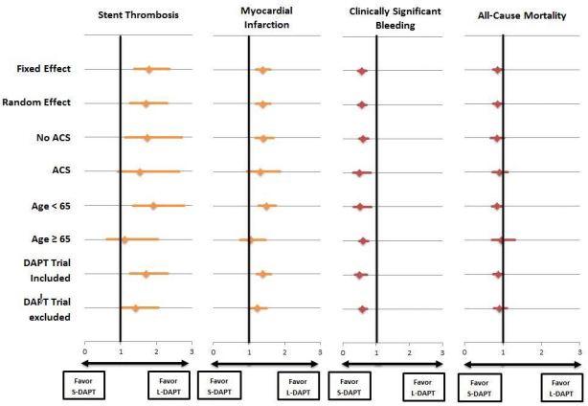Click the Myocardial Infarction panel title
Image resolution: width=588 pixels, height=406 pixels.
(264, 15)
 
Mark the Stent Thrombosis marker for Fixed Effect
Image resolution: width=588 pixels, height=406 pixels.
(148, 69)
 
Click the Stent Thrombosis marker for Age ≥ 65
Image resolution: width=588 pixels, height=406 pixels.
(124, 239)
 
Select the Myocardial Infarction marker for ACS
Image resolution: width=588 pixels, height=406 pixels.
(260, 172)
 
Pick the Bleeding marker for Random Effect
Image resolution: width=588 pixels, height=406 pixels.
(362, 104)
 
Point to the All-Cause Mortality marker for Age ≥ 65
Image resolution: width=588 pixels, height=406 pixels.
(501, 239)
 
